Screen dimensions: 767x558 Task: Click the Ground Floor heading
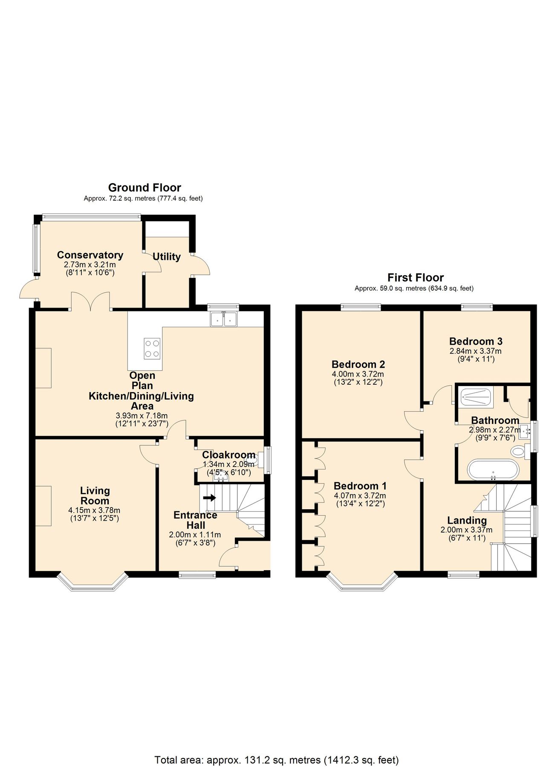tap(145, 187)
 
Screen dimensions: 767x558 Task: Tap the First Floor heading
tap(415, 277)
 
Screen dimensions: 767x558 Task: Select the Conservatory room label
tap(90, 255)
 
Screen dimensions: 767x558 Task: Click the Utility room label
tap(167, 257)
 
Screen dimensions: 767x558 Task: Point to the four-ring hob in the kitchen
tap(152, 348)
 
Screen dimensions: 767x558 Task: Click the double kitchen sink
tap(223, 318)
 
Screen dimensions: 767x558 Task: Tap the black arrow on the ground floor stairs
tap(209, 498)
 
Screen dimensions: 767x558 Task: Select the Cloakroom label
tap(228, 455)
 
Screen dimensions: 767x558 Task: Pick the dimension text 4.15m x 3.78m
tap(94, 510)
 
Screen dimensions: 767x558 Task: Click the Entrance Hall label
tap(195, 520)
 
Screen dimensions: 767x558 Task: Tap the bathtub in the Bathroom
tap(493, 470)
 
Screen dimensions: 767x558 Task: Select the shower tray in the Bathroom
tap(476, 398)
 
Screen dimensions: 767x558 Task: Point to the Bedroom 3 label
tap(476, 341)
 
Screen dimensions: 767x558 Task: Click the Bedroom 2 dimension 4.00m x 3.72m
tap(358, 374)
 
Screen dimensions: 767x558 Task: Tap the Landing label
tap(467, 520)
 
